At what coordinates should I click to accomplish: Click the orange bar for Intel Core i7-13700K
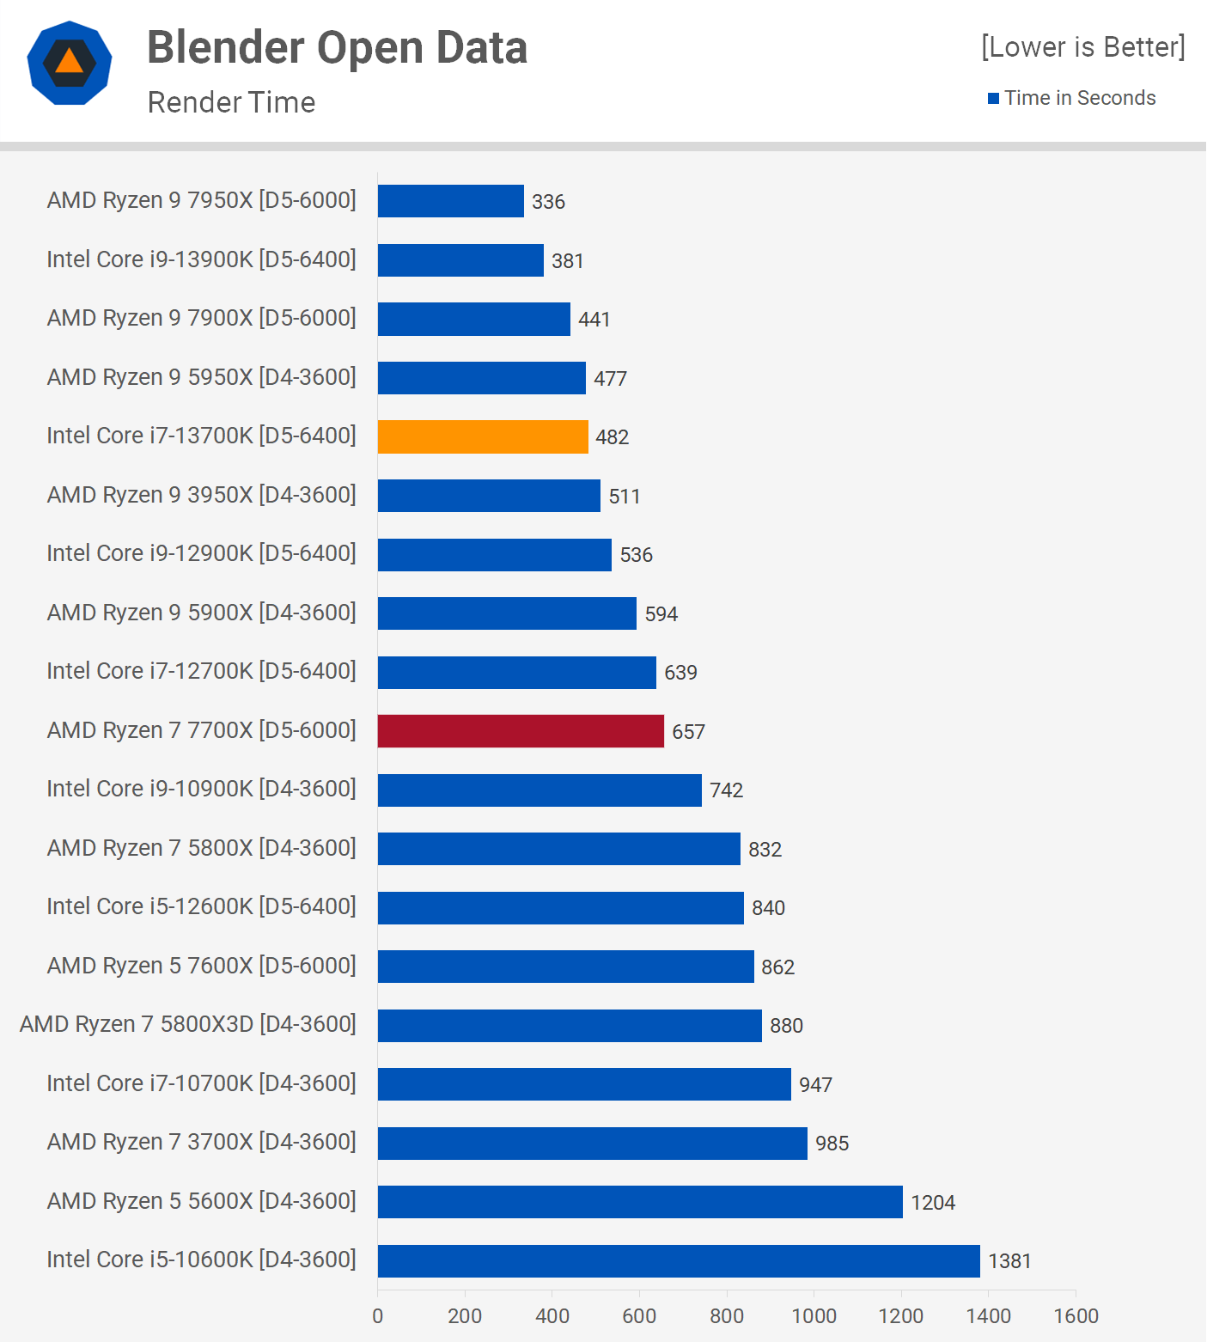coord(483,436)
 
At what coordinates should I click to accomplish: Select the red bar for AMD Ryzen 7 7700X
coord(521,731)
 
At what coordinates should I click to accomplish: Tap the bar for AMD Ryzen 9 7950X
coord(450,201)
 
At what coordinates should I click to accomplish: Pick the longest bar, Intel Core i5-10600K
coord(679,1261)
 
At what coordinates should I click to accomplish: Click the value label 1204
coord(933,1202)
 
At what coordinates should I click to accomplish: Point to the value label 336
coord(548,202)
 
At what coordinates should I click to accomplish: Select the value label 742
coord(726,790)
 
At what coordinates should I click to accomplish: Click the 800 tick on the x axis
coord(727,1315)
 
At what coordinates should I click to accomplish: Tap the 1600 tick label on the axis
coord(1076,1315)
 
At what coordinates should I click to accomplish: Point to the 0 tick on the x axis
coord(378,1315)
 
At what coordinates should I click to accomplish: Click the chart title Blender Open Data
coord(337,48)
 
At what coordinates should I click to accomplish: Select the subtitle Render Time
coord(231,102)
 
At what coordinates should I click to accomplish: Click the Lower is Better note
coord(1082,46)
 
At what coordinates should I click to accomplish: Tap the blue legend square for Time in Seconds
coord(993,98)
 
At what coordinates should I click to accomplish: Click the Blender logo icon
coord(70,63)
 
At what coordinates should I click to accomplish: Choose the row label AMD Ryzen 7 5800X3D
coord(188,1024)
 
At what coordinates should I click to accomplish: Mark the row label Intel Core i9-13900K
coord(201,259)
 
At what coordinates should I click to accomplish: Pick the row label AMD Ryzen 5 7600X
coord(201,966)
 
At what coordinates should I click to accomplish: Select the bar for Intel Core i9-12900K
coord(495,555)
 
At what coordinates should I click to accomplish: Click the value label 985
coord(832,1144)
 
